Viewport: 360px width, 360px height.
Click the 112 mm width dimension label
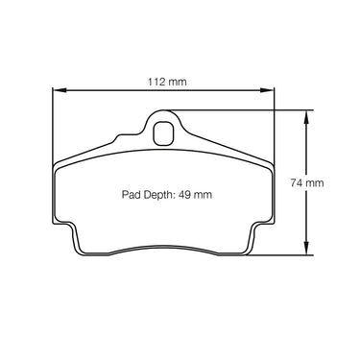(x=167, y=82)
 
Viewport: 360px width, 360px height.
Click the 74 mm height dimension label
(x=307, y=183)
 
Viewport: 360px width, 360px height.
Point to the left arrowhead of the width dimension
(x=60, y=90)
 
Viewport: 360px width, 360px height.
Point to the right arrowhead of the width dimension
(x=267, y=90)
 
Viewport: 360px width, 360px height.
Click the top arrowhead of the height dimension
(x=306, y=117)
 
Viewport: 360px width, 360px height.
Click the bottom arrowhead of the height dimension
(x=306, y=248)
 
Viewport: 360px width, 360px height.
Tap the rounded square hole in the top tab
(x=163, y=133)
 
